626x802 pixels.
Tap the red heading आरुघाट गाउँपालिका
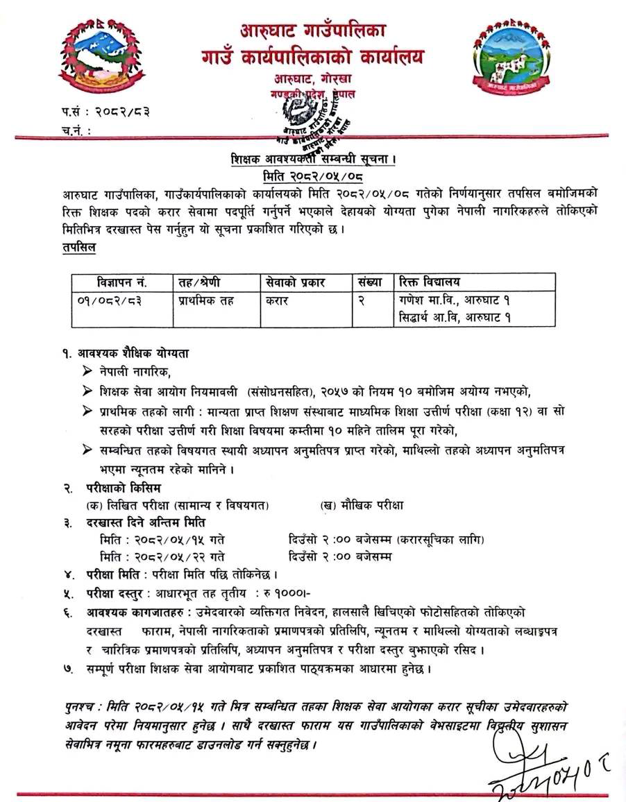(313, 30)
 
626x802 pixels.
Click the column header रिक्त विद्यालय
(430, 282)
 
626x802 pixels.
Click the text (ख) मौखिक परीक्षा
(362, 506)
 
